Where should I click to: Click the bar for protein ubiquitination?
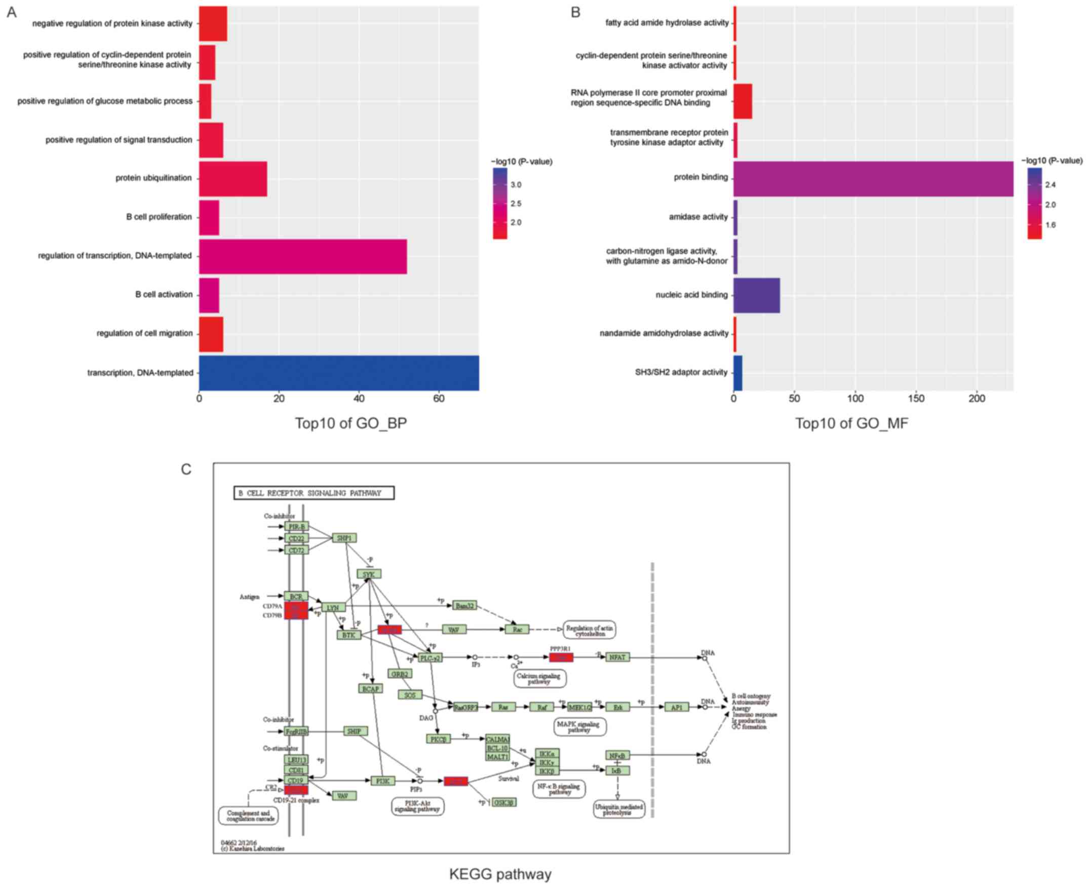(233, 179)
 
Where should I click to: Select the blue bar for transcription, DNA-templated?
(339, 373)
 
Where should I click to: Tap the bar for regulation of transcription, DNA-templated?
(302, 256)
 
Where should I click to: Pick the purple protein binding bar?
(873, 179)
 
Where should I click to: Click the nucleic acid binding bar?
(756, 295)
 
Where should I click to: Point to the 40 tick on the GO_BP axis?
(359, 399)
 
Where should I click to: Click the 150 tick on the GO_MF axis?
(916, 399)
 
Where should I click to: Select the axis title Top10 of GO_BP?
(351, 423)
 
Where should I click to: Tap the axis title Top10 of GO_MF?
(851, 423)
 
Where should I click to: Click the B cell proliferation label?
(159, 217)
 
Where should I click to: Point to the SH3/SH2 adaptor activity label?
(681, 372)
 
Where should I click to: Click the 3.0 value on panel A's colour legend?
(516, 185)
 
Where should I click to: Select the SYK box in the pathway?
(369, 574)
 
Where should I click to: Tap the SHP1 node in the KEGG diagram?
(344, 537)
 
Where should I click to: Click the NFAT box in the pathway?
(617, 657)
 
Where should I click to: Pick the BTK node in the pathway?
(348, 635)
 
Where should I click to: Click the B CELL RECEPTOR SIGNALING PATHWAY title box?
(314, 493)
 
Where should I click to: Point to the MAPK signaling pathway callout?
(580, 727)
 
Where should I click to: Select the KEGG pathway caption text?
(500, 874)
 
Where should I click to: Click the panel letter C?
(186, 470)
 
